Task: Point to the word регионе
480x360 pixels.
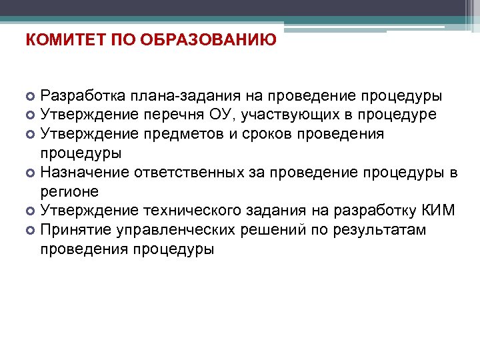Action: (x=69, y=192)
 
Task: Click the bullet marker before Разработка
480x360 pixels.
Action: (x=31, y=97)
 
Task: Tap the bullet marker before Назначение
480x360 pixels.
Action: (x=31, y=173)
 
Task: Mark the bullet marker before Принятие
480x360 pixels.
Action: (x=31, y=231)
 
